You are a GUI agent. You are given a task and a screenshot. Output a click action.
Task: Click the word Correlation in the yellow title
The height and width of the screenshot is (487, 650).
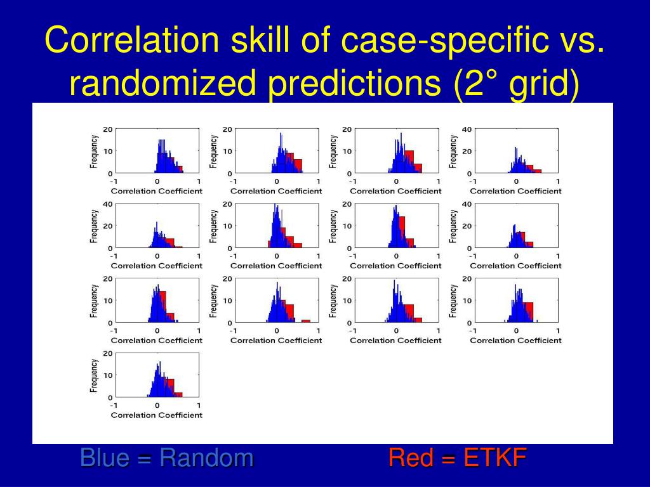132,40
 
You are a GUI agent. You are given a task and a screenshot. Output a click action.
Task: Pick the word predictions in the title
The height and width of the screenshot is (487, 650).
354,84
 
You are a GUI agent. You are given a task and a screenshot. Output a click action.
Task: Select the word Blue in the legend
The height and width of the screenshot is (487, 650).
105,458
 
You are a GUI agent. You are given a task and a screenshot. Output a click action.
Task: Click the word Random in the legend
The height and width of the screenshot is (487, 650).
206,458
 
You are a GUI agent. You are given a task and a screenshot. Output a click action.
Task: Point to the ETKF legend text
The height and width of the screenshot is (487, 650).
495,458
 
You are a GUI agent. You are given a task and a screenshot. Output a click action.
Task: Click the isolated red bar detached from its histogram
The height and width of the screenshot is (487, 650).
305,321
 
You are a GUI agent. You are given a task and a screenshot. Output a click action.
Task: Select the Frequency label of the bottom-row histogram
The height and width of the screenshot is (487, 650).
95,375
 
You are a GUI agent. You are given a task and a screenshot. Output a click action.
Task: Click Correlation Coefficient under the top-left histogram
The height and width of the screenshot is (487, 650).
157,191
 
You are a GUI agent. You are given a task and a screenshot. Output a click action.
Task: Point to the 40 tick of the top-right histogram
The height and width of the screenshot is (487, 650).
467,129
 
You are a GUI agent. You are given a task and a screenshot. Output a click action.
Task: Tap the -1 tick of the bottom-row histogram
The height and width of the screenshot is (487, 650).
113,405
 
